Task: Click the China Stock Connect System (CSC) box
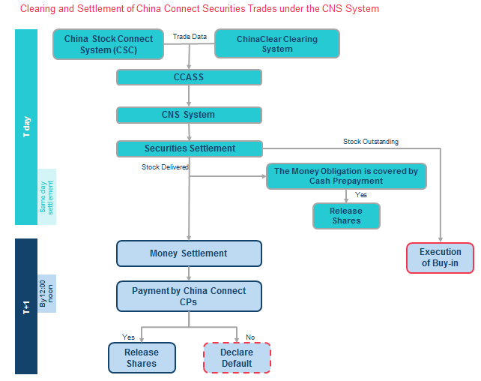[108, 44]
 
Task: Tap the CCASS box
[189, 77]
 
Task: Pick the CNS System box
[189, 115]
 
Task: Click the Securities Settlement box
[189, 148]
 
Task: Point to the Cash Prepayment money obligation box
[346, 176]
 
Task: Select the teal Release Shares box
[345, 216]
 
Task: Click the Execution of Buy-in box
[440, 257]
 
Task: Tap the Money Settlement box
[189, 253]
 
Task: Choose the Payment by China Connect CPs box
[189, 295]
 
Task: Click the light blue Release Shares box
[142, 358]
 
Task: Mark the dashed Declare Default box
[237, 358]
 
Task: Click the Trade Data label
[190, 37]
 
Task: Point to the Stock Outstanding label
[371, 141]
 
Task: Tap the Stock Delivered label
[165, 166]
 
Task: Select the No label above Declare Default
[250, 337]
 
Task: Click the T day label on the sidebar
[26, 127]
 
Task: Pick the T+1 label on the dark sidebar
[26, 306]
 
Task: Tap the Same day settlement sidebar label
[46, 196]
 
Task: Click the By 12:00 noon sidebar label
[46, 293]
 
